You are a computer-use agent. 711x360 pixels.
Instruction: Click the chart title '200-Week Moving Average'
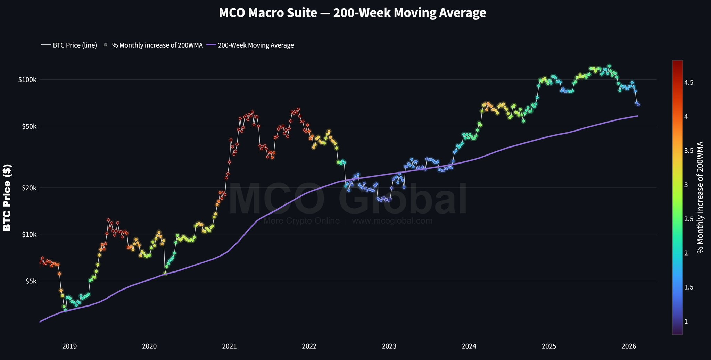coord(352,13)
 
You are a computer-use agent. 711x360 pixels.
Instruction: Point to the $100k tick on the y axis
coord(27,80)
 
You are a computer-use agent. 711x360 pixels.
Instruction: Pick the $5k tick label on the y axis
coord(30,281)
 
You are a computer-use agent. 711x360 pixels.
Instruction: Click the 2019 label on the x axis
coord(69,346)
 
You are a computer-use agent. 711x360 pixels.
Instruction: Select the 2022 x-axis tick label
coord(309,346)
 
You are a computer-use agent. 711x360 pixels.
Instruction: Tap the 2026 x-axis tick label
coord(629,346)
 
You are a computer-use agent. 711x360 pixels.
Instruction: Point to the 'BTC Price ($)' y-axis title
coord(7,198)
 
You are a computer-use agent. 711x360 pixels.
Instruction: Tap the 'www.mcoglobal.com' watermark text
coord(392,221)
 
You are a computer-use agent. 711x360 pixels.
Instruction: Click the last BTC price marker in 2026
coord(638,104)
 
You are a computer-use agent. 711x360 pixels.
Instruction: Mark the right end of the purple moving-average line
coord(638,116)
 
